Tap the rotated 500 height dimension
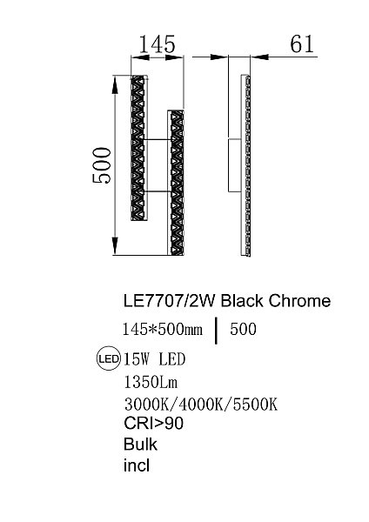point(103,163)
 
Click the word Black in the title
point(241,302)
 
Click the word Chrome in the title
point(299,302)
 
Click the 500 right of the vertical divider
point(245,329)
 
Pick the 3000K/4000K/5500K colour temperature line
point(201,405)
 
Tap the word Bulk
point(139,444)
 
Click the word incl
point(137,465)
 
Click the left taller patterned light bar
point(138,147)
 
